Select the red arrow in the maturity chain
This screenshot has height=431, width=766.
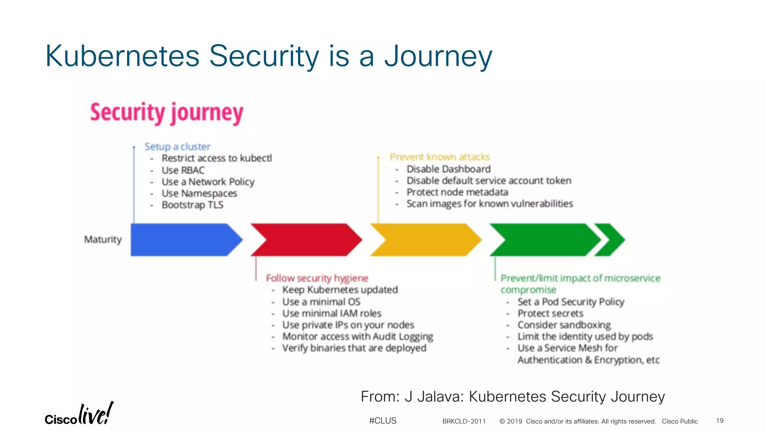[x=307, y=240]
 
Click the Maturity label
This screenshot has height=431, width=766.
[x=103, y=239]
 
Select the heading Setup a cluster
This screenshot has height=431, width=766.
[x=177, y=147]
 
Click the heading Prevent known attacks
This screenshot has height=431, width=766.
[x=439, y=157]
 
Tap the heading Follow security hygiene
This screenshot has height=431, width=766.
[x=317, y=278]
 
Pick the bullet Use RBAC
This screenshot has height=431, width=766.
[x=183, y=171]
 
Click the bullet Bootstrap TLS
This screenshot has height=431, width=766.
[x=192, y=205]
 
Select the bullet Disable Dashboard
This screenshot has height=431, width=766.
[x=448, y=169]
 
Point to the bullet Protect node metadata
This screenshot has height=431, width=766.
[x=457, y=192]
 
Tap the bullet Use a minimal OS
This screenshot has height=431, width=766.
[x=321, y=302]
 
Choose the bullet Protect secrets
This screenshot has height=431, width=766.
[x=550, y=314]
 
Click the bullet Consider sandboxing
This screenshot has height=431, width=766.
[x=564, y=325]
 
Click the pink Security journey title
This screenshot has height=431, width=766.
[x=167, y=113]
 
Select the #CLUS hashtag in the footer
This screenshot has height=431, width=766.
[x=383, y=421]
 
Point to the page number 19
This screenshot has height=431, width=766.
[x=720, y=421]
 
